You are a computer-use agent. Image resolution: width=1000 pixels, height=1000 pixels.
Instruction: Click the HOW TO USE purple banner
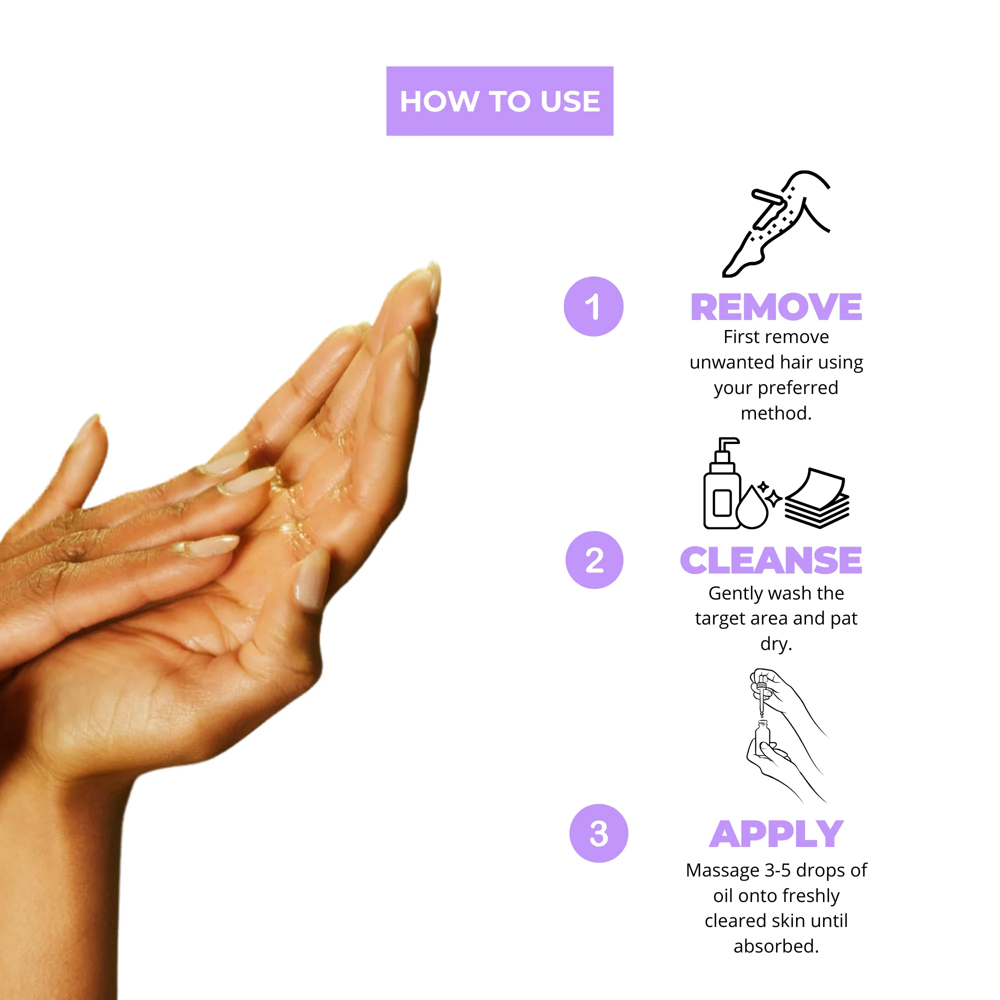pyautogui.click(x=499, y=101)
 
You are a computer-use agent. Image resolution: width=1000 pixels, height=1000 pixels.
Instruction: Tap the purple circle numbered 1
pyautogui.click(x=593, y=306)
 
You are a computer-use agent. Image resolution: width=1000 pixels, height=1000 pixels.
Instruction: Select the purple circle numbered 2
pyautogui.click(x=594, y=560)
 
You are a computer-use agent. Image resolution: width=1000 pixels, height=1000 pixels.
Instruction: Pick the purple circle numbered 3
pyautogui.click(x=598, y=833)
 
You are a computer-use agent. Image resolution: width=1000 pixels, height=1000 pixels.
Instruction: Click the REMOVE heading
pyautogui.click(x=776, y=307)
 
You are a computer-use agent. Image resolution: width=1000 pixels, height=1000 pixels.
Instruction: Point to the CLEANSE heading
pyautogui.click(x=770, y=560)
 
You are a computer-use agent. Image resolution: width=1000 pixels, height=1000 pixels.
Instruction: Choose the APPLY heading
pyautogui.click(x=776, y=834)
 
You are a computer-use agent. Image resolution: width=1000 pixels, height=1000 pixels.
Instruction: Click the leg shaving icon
pyautogui.click(x=776, y=223)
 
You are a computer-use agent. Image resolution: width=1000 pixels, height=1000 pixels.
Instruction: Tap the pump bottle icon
pyautogui.click(x=721, y=483)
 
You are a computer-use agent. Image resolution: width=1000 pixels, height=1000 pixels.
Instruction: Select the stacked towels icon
pyautogui.click(x=817, y=498)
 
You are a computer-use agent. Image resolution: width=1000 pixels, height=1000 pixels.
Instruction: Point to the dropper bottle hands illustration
pyautogui.click(x=786, y=735)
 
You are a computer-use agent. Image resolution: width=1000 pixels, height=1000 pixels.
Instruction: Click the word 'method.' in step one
pyautogui.click(x=776, y=413)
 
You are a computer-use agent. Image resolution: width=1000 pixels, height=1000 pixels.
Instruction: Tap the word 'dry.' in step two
pyautogui.click(x=776, y=644)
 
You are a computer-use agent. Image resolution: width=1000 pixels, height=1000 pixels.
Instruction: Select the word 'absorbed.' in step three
pyautogui.click(x=776, y=946)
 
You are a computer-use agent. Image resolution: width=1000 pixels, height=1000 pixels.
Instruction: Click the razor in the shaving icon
pyautogui.click(x=768, y=207)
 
